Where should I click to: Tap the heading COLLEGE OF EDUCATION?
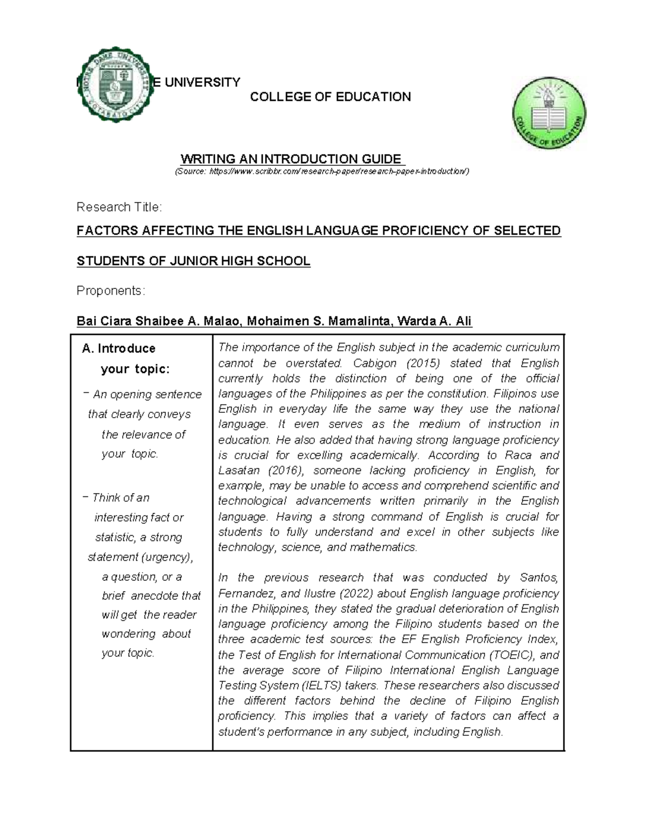coord(331,97)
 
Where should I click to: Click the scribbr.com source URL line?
coord(321,172)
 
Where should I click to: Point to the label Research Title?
coord(119,207)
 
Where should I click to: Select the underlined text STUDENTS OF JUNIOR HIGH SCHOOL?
coord(193,262)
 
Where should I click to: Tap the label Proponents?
coord(111,291)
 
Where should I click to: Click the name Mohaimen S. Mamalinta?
coord(320,322)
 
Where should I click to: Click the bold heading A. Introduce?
coord(118,348)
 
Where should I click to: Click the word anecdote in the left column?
coord(156,596)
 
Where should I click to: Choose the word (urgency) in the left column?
coord(166,557)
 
